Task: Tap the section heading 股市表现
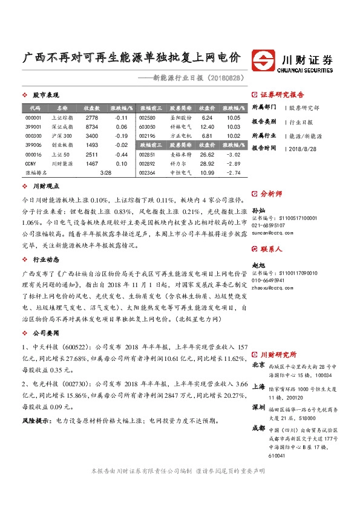[45, 95]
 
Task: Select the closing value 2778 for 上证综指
[92, 117]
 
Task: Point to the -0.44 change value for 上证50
[121, 154]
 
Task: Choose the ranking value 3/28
[105, 173]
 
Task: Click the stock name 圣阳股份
[181, 117]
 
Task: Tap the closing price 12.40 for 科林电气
[207, 127]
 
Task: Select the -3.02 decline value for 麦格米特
[234, 154]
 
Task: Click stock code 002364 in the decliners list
[148, 173]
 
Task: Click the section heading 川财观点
[45, 187]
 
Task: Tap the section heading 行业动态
[45, 258]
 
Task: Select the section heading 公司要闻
[45, 332]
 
